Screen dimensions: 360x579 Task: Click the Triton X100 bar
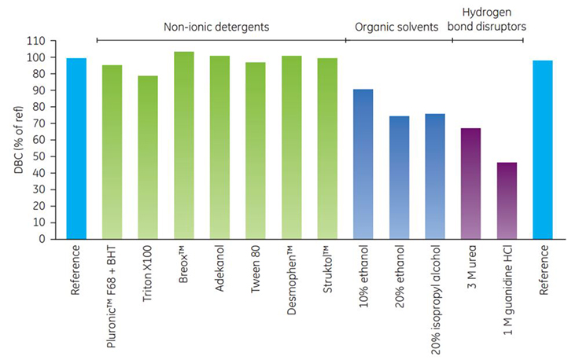(148, 157)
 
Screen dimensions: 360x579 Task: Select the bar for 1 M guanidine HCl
(507, 200)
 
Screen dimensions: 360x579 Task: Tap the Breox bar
(183, 145)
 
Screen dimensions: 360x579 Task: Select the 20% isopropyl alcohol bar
(435, 176)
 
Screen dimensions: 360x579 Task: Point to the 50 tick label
(49, 156)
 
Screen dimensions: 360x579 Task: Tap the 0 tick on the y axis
(52, 239)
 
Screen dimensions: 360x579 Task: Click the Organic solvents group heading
(397, 27)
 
